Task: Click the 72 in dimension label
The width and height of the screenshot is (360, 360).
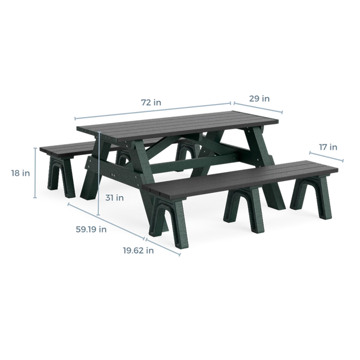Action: point(151,102)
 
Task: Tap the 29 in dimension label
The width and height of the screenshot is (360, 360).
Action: point(259,99)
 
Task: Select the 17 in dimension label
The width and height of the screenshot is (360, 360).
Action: point(328,147)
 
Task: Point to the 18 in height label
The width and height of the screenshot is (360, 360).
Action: point(21,173)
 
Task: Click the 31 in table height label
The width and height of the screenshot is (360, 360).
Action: point(114,198)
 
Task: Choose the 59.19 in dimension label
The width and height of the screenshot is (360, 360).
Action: point(91,229)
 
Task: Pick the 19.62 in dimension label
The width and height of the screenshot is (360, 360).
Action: point(138,250)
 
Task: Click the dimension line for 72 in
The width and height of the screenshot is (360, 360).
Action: point(153,111)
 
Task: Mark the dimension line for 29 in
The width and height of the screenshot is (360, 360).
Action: point(258,107)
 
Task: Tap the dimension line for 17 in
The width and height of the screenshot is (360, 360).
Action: point(326,157)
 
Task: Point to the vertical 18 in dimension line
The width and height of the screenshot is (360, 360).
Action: point(35,173)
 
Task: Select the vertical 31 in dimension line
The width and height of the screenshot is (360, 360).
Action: point(99,173)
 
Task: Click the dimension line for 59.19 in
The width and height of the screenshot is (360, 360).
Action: point(106,221)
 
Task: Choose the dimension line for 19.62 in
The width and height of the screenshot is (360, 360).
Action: point(163,247)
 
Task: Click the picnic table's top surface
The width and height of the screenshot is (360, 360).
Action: point(177,125)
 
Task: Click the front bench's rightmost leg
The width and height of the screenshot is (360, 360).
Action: point(312,197)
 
